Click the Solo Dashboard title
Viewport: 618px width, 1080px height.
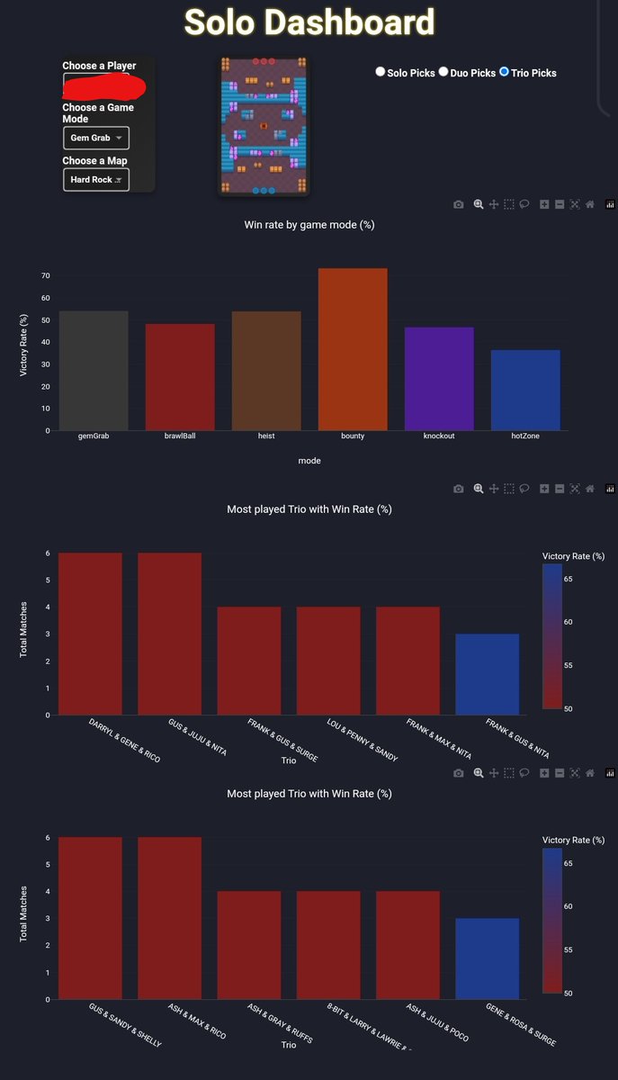309,23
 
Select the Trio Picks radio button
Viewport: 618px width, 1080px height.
504,72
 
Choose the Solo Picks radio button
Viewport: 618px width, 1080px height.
380,72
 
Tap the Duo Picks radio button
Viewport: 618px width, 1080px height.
443,72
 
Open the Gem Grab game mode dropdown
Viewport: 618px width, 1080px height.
96,138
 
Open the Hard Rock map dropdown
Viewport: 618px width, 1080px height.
96,180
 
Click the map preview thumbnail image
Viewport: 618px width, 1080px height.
264,126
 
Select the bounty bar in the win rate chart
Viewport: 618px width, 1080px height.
353,349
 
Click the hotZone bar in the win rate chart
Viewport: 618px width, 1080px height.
525,390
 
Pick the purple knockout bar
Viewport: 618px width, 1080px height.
439,379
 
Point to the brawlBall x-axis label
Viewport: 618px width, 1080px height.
177,436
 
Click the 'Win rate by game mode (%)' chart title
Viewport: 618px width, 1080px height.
309,225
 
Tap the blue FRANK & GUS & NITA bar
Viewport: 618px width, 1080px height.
487,674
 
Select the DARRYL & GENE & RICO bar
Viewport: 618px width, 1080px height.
90,634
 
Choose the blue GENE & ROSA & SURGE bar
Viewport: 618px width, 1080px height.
487,958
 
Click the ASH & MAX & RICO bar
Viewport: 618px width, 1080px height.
169,918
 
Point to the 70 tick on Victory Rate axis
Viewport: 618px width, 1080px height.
44,275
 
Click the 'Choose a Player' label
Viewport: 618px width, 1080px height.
99,66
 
